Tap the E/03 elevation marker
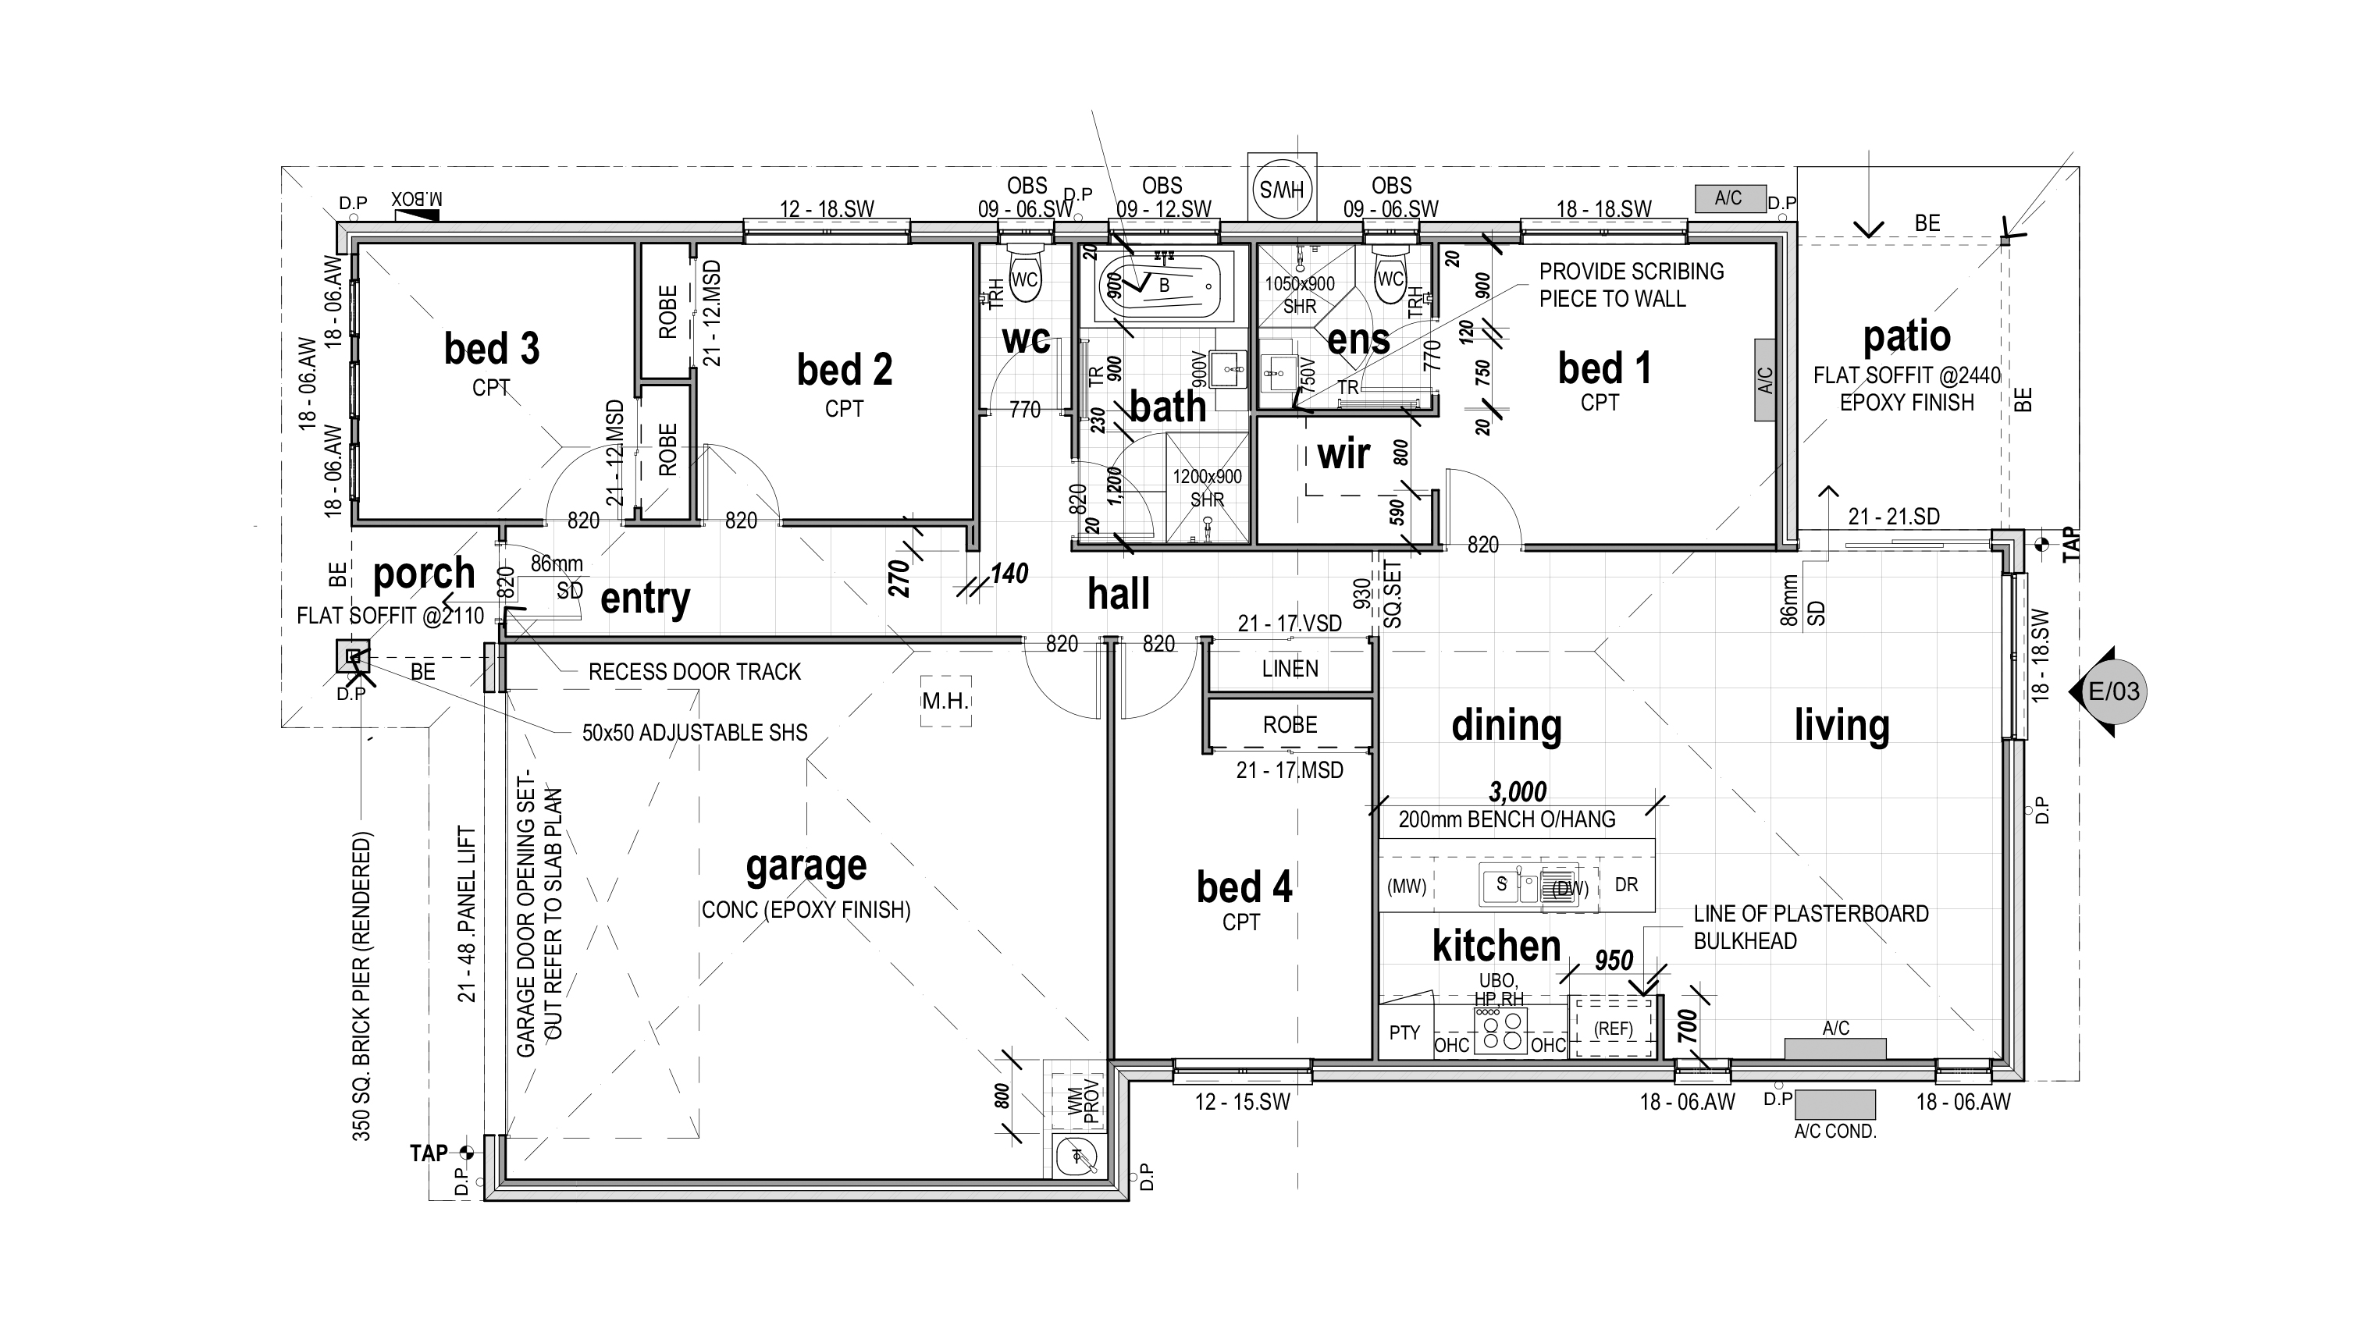(x=2109, y=691)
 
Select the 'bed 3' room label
(x=492, y=349)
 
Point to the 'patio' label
(x=1906, y=336)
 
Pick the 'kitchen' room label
(x=1496, y=946)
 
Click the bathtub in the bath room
(x=1160, y=286)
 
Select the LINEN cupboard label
(x=1290, y=669)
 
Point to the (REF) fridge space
(x=1614, y=1029)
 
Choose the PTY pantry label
(x=1404, y=1032)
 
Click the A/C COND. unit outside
(x=1835, y=1104)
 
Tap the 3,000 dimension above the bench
(x=1518, y=791)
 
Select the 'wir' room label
(x=1343, y=454)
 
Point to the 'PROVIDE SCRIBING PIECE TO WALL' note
(x=1631, y=286)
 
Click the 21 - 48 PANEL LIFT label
(x=467, y=914)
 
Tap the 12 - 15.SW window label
(x=1242, y=1102)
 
